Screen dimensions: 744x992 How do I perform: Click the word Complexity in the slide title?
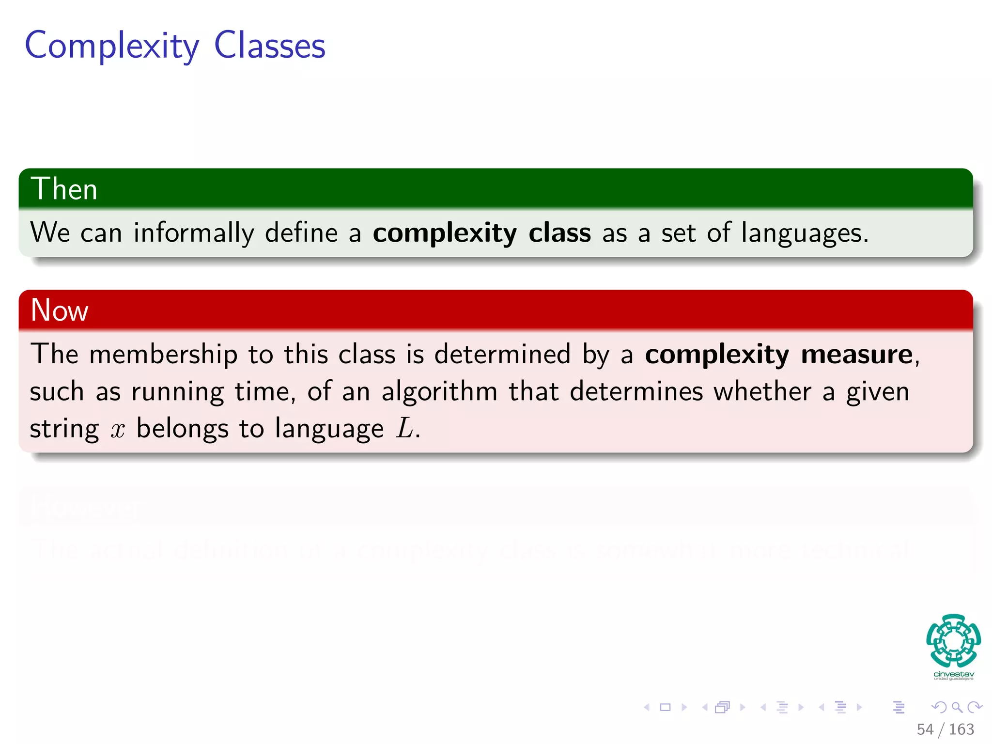[x=111, y=46]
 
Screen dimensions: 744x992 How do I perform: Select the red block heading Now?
[x=59, y=310]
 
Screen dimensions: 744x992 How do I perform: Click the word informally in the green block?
[x=193, y=233]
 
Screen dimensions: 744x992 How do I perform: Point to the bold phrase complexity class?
[x=481, y=233]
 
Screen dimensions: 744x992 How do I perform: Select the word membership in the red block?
[x=163, y=354]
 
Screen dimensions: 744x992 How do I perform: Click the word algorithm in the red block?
[x=439, y=391]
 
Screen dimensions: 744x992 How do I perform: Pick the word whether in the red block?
[x=762, y=391]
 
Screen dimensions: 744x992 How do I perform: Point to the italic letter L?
[x=405, y=429]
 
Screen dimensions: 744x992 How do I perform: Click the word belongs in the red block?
[x=182, y=429]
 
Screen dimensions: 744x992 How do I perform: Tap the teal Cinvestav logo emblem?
[x=953, y=641]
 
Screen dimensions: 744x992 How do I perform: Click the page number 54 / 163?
[x=945, y=729]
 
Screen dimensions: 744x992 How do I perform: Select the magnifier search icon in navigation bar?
[x=957, y=708]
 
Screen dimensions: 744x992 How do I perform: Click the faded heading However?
[x=87, y=508]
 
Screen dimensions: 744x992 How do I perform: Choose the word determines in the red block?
[x=635, y=391]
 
